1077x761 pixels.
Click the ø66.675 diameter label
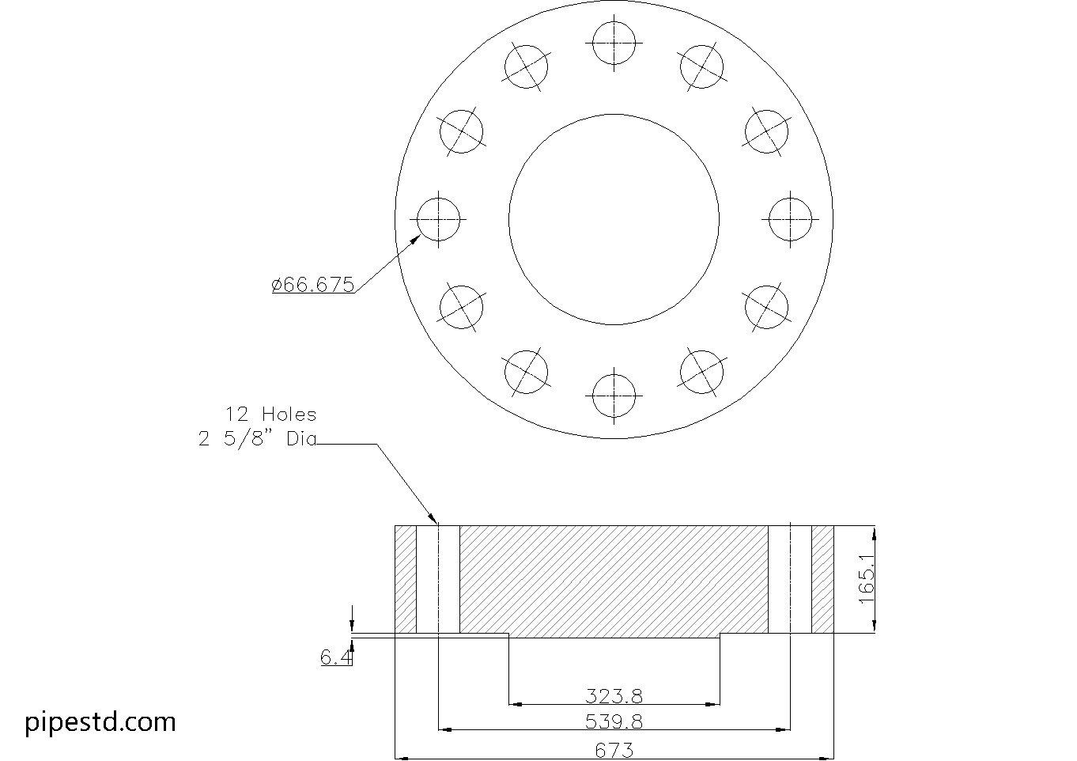tap(313, 285)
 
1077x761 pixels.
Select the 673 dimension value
tap(614, 749)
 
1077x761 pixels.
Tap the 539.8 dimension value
tap(614, 721)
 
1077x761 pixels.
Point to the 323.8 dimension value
tap(614, 695)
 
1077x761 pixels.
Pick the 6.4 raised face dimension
tap(335, 657)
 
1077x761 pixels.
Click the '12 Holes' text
tap(270, 414)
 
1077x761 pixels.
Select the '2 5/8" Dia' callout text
tap(257, 439)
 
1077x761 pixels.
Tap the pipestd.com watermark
tap(100, 721)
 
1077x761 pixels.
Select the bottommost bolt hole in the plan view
tap(614, 394)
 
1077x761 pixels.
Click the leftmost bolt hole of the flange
tap(439, 218)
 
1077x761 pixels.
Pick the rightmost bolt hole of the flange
tap(790, 218)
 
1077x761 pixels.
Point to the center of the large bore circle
tap(614, 219)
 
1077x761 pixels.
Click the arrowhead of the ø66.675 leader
tap(419, 235)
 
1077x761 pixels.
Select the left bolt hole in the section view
tap(438, 579)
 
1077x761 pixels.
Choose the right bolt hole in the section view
tap(790, 579)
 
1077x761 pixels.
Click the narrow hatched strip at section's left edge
tap(406, 579)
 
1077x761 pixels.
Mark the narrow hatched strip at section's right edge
tap(823, 579)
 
